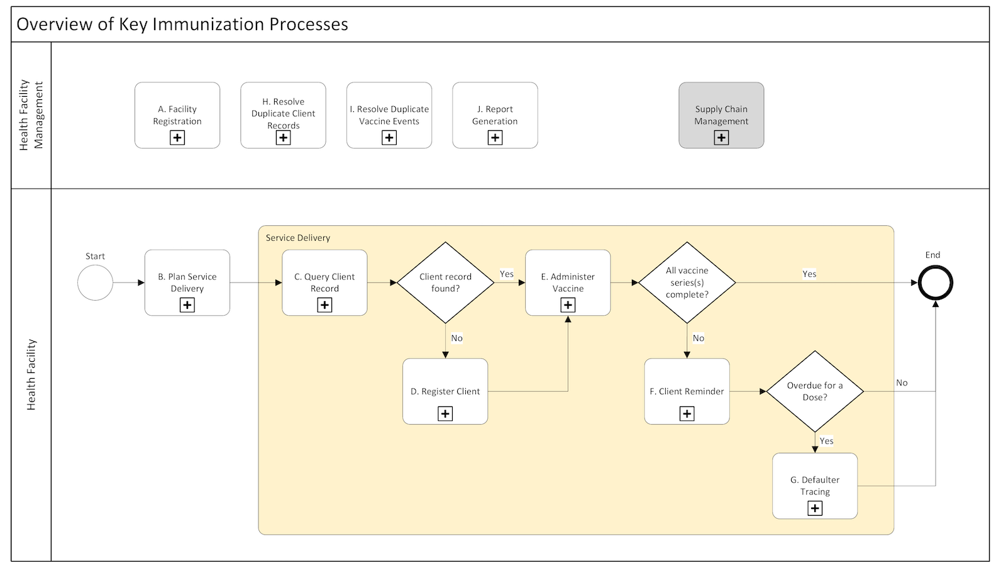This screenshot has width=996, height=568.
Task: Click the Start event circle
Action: point(95,282)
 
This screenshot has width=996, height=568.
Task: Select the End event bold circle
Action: point(935,283)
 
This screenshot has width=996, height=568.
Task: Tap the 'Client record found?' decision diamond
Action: point(445,282)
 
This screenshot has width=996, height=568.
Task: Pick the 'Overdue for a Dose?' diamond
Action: point(815,391)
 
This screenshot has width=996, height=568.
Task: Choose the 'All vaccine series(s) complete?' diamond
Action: point(687,282)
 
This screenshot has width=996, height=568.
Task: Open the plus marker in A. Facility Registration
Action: point(177,137)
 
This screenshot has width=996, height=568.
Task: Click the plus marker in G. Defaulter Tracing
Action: point(815,508)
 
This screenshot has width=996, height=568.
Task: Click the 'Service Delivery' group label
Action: point(297,238)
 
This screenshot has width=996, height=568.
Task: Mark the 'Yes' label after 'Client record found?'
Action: point(507,274)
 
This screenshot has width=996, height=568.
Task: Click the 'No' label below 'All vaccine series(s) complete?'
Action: point(698,338)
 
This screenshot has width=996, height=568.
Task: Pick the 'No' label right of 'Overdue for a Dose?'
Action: point(902,382)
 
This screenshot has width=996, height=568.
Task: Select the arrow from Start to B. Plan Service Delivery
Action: point(129,283)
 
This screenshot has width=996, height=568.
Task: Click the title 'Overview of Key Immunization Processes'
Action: point(182,25)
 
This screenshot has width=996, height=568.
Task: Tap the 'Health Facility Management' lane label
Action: point(31,114)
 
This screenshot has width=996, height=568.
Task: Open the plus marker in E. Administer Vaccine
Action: point(568,305)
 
